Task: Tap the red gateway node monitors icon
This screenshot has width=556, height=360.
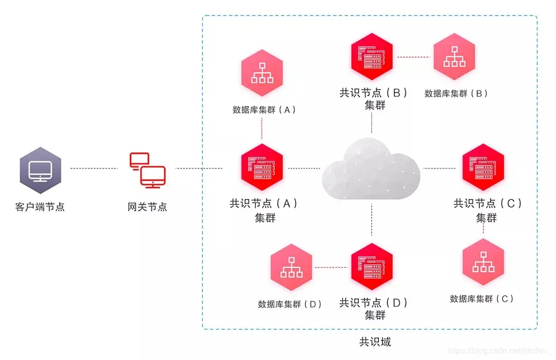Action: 147,169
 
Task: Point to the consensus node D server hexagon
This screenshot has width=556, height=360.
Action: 372,266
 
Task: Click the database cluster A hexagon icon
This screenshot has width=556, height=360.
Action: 262,73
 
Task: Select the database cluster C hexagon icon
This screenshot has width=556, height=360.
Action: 483,262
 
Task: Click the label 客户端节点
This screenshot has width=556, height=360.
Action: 40,208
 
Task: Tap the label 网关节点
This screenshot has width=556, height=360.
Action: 147,208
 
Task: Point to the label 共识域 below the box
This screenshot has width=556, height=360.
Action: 375,341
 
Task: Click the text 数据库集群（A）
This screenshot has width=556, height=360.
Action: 264,110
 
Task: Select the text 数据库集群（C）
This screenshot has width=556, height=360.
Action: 482,299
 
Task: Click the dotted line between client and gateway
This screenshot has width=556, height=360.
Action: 94,168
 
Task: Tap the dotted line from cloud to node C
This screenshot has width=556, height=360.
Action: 440,168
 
